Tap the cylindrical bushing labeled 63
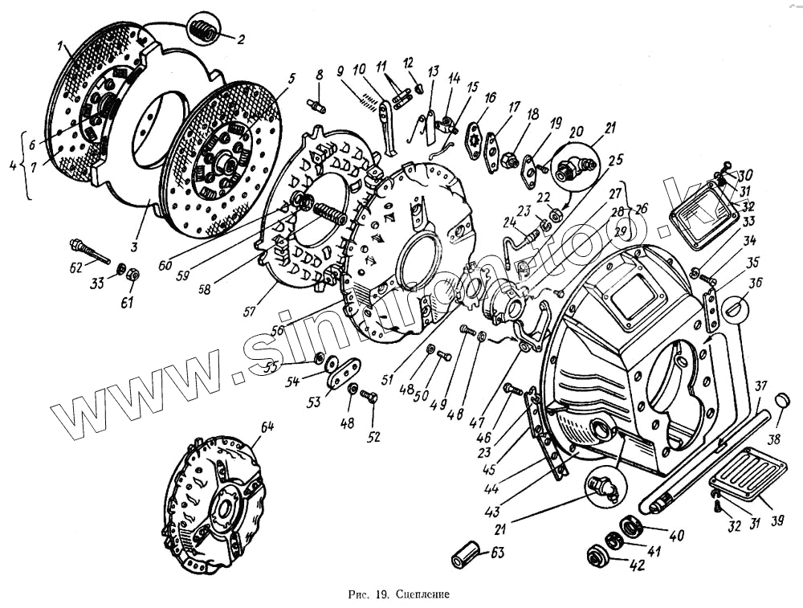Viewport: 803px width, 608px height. point(467,553)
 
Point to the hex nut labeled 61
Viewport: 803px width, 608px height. point(134,274)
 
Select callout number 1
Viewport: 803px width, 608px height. point(61,47)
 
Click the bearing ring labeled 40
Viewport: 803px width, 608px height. point(628,526)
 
